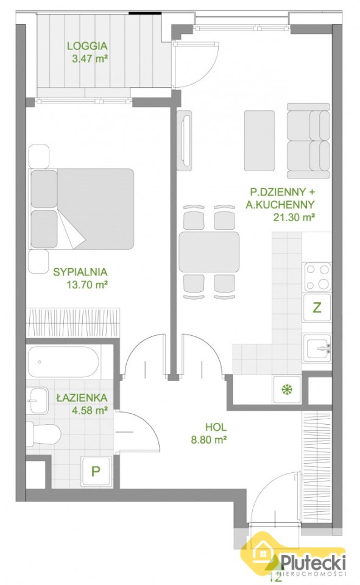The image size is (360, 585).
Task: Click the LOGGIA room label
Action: click(87, 46)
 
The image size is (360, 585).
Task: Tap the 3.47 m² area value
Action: click(90, 58)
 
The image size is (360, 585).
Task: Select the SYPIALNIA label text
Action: click(80, 272)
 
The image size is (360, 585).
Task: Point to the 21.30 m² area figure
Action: click(293, 217)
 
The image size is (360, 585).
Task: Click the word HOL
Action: click(216, 427)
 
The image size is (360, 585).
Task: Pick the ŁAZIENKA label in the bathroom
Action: click(82, 398)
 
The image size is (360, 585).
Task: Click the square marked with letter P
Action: click(96, 471)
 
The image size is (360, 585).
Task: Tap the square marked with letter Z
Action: click(317, 308)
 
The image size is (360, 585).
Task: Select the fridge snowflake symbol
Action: click(286, 390)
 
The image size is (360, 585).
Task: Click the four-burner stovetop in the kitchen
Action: click(318, 277)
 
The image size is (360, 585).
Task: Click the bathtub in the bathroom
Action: click(63, 362)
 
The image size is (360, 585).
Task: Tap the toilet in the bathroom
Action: click(44, 434)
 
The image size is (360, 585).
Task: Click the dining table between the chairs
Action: click(209, 252)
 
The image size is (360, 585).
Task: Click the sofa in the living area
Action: click(308, 141)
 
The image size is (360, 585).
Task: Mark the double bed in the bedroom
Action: click(82, 209)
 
